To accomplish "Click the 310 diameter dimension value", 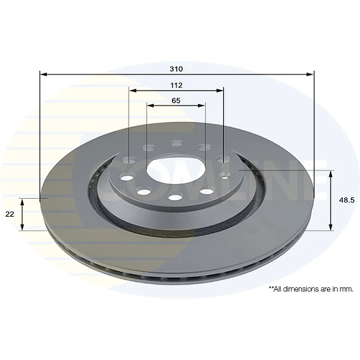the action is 176,69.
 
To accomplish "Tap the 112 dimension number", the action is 176,85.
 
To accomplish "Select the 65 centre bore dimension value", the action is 176,101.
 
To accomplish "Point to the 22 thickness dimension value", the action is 9,214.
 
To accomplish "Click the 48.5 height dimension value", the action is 347,200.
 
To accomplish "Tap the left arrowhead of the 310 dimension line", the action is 43,74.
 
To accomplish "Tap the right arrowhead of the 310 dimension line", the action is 310,74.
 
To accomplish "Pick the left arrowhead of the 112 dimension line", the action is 133,91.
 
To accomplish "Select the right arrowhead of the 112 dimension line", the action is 220,91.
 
